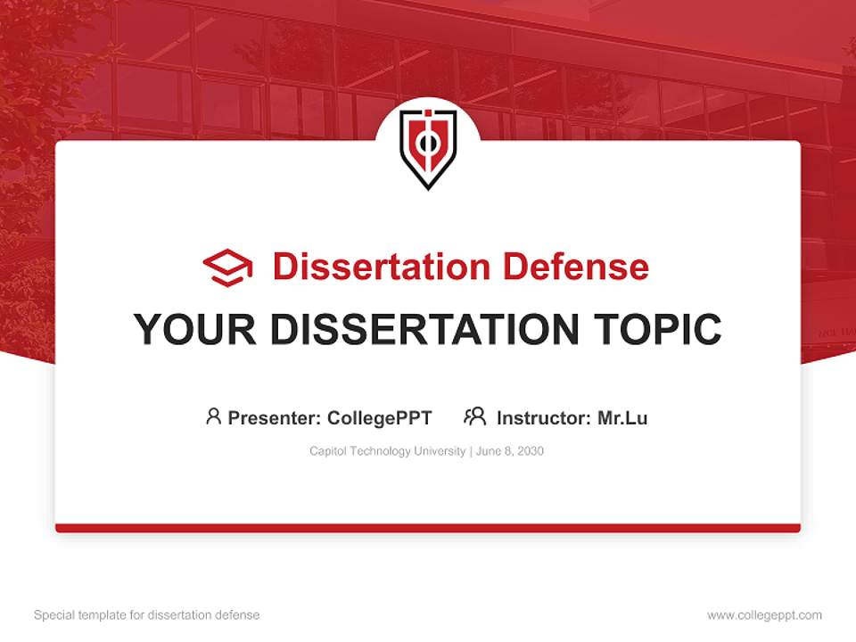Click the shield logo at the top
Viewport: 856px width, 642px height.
428,148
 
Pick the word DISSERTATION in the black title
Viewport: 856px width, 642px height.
416,330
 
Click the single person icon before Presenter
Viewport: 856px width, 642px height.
213,416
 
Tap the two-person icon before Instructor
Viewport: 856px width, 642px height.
475,416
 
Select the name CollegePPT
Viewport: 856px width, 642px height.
380,417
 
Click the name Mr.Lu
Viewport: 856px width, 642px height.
622,417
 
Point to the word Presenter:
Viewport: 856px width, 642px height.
275,417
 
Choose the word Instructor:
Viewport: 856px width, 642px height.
544,417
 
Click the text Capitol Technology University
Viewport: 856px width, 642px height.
387,451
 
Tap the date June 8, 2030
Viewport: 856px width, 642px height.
510,451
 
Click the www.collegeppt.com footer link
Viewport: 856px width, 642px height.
764,615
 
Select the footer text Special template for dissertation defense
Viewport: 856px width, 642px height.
146,615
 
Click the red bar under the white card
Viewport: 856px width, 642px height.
428,528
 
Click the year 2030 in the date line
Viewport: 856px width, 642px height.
530,451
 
